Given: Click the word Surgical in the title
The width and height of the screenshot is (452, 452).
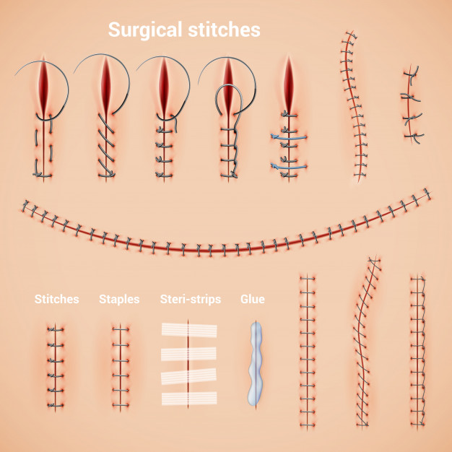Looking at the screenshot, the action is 145,30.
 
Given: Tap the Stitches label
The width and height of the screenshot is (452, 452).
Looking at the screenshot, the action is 57,299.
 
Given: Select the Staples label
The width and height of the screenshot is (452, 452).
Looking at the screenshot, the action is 119,300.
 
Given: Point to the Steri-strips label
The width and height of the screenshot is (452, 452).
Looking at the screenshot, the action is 191,300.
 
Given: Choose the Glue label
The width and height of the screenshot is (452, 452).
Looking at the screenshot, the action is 253,299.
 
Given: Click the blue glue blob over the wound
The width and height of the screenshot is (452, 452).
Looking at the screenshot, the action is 256,364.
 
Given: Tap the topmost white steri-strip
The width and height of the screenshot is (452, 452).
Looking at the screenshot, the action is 189,331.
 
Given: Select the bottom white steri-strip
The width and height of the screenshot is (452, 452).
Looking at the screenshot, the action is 189,399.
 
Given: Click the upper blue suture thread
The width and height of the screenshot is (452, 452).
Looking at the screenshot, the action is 289,137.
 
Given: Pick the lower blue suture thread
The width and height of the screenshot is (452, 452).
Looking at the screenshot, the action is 289,166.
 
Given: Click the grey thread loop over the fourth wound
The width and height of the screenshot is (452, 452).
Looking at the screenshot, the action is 229,100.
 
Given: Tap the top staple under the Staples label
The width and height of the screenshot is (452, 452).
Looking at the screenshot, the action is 121,329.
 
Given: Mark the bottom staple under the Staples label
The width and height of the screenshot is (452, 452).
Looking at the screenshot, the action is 121,405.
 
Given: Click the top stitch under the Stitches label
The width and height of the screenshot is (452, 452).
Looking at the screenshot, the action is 56,329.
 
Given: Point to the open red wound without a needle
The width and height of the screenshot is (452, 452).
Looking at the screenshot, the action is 289,84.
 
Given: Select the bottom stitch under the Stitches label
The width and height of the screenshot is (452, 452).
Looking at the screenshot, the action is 56,405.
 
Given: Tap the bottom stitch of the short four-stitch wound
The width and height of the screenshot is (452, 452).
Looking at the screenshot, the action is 414,136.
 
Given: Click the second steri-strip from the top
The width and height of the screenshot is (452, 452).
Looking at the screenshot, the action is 189,354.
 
